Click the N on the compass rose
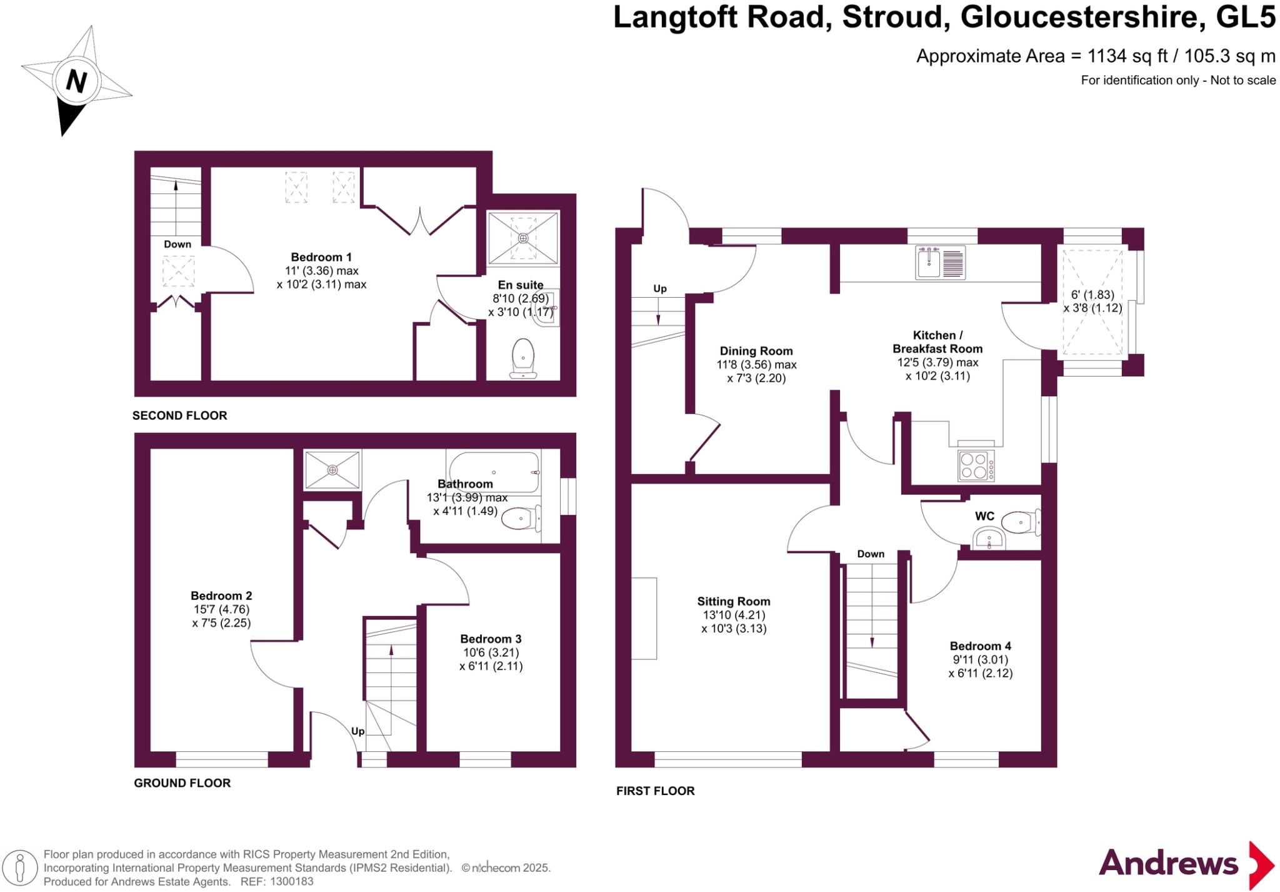[76, 81]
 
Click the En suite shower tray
[523, 238]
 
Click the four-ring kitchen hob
[976, 466]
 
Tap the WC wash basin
[989, 539]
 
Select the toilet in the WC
[1021, 521]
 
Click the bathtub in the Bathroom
[494, 472]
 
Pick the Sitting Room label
[734, 602]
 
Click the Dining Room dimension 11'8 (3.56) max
[756, 365]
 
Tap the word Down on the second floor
[177, 244]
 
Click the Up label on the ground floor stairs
[357, 731]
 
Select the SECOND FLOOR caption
[179, 415]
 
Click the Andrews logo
[1186, 864]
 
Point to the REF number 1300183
[291, 881]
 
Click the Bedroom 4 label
[980, 646]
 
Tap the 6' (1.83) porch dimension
[1092, 295]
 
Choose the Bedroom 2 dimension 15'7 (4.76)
[221, 609]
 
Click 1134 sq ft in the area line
[1127, 56]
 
